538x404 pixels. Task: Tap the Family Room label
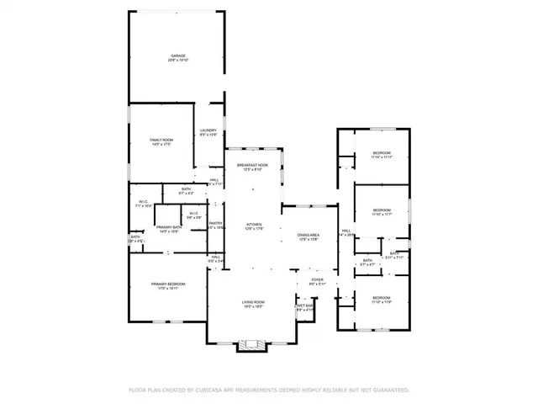(x=161, y=141)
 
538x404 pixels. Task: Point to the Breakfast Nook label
(x=252, y=167)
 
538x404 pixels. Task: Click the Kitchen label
(x=254, y=226)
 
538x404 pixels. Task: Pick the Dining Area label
(x=308, y=237)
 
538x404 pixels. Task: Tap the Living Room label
(x=254, y=304)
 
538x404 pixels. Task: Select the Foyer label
(x=317, y=281)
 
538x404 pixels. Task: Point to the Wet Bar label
(x=304, y=307)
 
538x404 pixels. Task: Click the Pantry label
(x=216, y=225)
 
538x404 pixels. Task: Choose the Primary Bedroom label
(x=168, y=286)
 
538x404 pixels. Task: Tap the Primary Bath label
(x=169, y=229)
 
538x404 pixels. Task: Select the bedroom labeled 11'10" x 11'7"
(x=382, y=211)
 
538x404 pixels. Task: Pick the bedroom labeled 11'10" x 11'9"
(x=382, y=299)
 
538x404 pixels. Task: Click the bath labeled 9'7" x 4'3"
(x=186, y=191)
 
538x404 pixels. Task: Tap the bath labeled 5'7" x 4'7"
(x=367, y=263)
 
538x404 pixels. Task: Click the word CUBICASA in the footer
(x=211, y=391)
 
